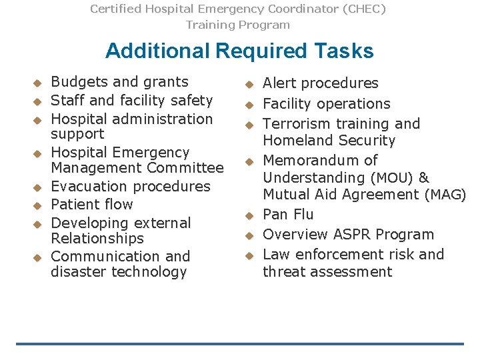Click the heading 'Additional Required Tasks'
tap(239, 51)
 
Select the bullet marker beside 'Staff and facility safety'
tap(38, 101)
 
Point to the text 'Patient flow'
tap(92, 205)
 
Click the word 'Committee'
tap(187, 168)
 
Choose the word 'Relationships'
tap(97, 239)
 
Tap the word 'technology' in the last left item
tap(152, 272)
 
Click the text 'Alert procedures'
tap(320, 83)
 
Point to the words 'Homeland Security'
tap(329, 141)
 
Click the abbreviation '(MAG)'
tap(445, 195)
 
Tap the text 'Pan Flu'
tap(288, 215)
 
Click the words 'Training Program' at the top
tap(238, 25)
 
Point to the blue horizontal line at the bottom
tap(239, 344)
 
